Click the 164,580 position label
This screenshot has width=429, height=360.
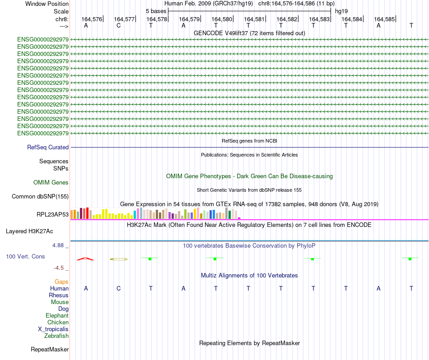click(222, 19)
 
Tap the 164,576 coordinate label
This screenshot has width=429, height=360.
click(92, 19)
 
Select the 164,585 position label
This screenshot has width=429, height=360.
click(384, 19)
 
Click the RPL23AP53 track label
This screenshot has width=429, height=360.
click(52, 214)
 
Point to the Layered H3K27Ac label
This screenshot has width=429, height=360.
click(29, 231)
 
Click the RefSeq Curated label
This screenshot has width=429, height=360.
click(48, 147)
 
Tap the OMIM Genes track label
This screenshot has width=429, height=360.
click(51, 182)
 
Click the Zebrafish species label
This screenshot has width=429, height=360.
click(56, 336)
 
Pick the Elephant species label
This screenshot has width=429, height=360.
click(57, 315)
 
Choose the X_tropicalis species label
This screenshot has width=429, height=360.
click(53, 329)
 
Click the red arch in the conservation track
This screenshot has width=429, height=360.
click(85, 259)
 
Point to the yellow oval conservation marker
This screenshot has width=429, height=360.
click(119, 259)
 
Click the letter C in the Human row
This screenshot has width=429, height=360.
click(118, 288)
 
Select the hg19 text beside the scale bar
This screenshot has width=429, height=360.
click(341, 11)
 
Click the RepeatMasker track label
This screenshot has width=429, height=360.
click(50, 349)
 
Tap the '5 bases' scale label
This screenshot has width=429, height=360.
click(156, 11)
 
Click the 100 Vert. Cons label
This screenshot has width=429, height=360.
click(26, 256)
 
